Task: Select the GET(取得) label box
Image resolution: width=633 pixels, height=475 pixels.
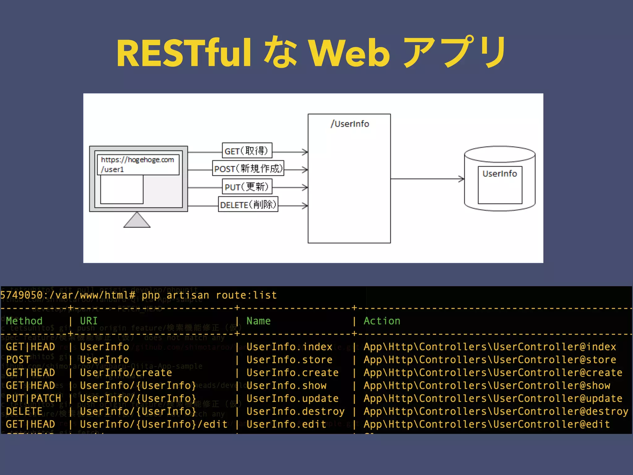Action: pos(247,151)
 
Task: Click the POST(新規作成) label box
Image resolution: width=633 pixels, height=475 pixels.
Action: pos(248,169)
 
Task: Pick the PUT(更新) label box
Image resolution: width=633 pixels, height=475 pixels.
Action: pos(247,187)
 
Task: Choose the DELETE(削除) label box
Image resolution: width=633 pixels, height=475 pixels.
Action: pos(248,205)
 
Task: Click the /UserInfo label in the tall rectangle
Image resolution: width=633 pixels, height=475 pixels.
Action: pos(350,124)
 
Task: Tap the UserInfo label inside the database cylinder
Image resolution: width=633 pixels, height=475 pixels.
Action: pos(499,174)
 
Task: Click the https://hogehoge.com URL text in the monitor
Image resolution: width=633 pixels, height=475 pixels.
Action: pos(138,160)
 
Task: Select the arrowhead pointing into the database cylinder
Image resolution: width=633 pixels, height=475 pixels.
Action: pos(461,179)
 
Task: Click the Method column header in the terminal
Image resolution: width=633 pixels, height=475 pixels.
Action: pos(24,321)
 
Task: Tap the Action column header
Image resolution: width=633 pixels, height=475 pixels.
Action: pos(382,321)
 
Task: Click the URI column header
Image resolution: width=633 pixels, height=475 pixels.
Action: pos(89,321)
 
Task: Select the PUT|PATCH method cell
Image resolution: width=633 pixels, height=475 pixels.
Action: pos(33,399)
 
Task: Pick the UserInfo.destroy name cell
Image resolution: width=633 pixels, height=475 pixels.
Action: pos(295,412)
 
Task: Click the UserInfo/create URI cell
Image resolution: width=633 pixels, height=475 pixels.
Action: pos(126,373)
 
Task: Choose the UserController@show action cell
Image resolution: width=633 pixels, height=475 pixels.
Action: pos(487,386)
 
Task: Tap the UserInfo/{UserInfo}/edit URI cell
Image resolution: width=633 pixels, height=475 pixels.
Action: pos(154,424)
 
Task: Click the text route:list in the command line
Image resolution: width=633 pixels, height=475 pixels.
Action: pos(246,295)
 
